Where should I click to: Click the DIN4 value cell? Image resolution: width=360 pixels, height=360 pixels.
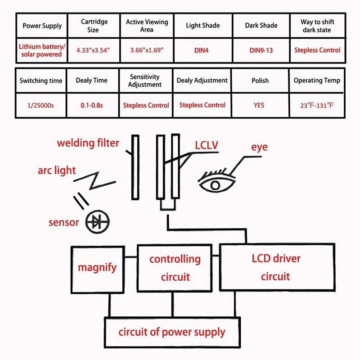click(203, 50)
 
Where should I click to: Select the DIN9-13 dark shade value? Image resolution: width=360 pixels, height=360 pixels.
click(261, 50)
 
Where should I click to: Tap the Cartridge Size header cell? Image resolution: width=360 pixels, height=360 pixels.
click(94, 26)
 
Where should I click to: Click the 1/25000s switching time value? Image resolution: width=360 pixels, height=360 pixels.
click(41, 105)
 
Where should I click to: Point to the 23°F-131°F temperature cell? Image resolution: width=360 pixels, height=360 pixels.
click(317, 106)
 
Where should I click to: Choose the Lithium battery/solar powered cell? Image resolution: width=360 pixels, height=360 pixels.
click(41, 50)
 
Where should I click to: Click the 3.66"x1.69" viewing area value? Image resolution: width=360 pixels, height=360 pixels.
click(147, 50)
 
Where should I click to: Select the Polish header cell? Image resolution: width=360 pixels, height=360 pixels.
click(260, 81)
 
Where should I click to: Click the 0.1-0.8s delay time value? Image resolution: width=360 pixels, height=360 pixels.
click(92, 105)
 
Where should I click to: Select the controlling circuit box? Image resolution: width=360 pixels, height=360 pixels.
click(175, 268)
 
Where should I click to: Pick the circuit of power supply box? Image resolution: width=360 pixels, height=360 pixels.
click(172, 333)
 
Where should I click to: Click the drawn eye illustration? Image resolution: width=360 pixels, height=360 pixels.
click(216, 180)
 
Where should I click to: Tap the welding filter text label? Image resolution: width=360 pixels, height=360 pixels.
click(88, 143)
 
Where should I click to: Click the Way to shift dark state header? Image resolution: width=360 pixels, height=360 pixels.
click(317, 26)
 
